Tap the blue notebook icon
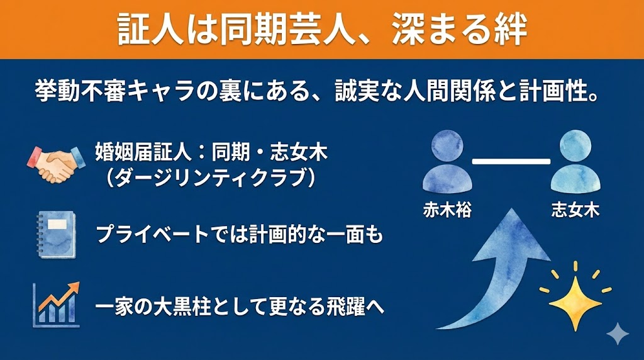[x=55, y=234]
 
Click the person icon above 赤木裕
[x=447, y=162]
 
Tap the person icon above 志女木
[x=574, y=162]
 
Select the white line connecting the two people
[x=511, y=162]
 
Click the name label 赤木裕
[x=447, y=209]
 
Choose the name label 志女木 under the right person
[x=574, y=209]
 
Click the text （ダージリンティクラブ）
[x=210, y=179]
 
